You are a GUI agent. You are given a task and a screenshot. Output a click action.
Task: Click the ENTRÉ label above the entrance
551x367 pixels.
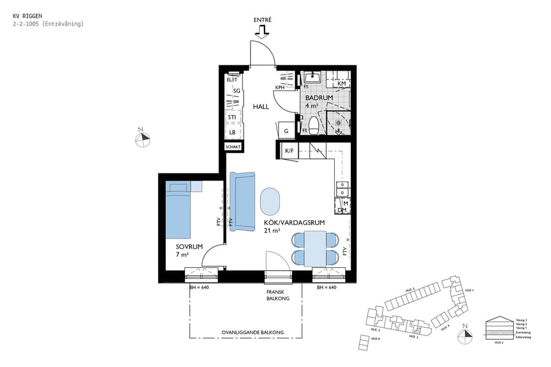262,20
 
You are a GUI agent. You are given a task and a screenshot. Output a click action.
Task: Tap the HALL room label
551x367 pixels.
261,106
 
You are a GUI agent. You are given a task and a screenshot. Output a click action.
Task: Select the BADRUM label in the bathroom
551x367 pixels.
319,98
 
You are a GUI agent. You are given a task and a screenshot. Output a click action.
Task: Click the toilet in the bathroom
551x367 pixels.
313,125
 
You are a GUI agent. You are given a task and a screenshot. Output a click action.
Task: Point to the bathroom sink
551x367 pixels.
312,78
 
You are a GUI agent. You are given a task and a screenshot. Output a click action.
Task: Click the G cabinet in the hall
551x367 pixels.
286,130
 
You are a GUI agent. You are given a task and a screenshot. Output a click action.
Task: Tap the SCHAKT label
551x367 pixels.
233,147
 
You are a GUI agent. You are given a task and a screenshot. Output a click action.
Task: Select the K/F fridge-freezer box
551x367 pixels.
289,150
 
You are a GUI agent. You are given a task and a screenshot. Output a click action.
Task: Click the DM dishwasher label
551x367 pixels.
342,210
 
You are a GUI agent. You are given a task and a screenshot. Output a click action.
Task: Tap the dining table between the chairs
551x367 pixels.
316,248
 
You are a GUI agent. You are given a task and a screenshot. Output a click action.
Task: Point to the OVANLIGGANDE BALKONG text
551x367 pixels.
253,333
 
